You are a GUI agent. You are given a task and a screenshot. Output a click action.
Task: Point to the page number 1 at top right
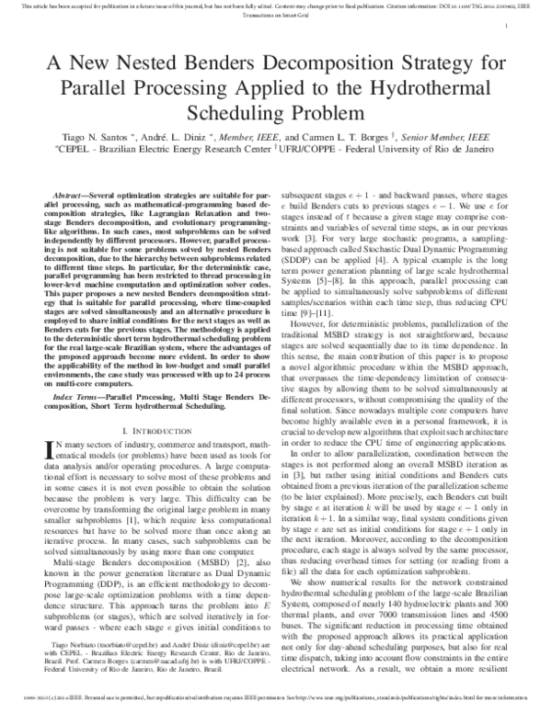click(x=508, y=28)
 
